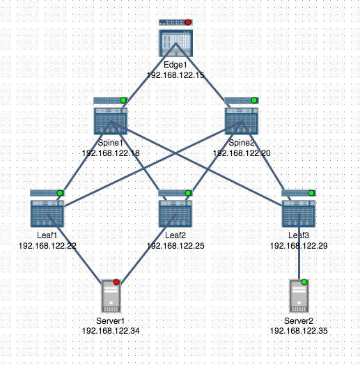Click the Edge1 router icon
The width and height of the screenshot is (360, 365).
pos(175,42)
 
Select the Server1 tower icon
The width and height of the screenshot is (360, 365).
pos(111,295)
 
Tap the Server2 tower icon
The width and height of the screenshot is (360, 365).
pos(299,295)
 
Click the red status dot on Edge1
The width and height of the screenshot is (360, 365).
pos(188,22)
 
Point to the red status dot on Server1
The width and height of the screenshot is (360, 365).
pos(116,282)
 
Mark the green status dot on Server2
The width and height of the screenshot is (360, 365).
pos(304,282)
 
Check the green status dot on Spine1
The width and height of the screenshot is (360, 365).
pos(124,101)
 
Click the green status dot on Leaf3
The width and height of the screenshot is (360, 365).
pos(312,192)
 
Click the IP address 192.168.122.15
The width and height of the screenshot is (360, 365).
pos(175,75)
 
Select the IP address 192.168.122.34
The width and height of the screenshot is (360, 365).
pos(111,330)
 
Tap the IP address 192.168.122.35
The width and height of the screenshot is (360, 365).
pos(299,330)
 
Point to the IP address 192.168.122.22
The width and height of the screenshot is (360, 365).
pos(47,246)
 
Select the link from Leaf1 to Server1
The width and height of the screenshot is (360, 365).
pos(79,258)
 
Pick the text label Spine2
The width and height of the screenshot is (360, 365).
pos(240,142)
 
